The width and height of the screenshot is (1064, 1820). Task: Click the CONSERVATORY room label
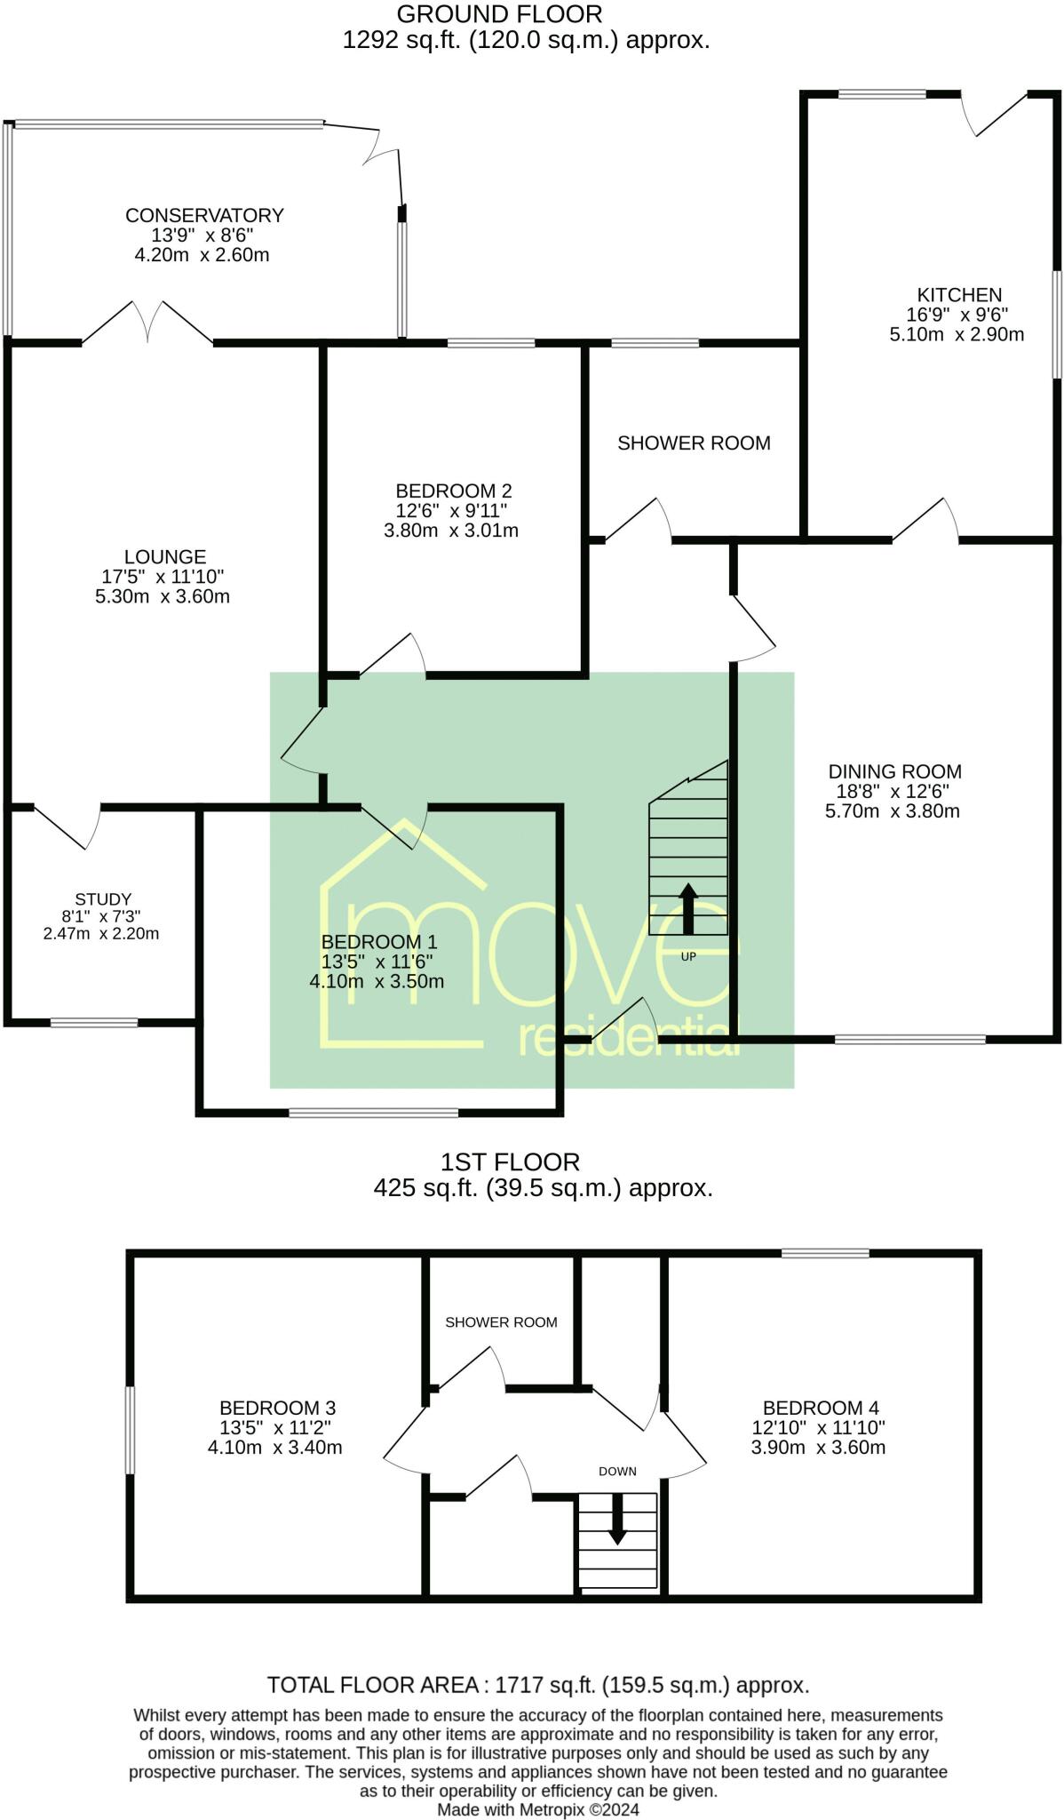click(204, 215)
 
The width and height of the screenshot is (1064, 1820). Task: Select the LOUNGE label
click(165, 557)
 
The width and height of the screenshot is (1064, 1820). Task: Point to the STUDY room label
click(103, 899)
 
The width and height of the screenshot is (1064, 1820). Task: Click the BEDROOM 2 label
click(453, 491)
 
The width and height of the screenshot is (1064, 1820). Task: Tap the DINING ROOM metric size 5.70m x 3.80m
click(893, 811)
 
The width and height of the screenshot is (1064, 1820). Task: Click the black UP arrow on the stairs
click(688, 907)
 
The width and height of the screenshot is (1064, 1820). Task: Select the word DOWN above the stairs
click(617, 1472)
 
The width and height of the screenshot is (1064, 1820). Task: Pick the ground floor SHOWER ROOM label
click(694, 443)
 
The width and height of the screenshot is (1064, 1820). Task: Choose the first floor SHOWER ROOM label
click(501, 1322)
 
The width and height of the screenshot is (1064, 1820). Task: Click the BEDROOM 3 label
click(277, 1408)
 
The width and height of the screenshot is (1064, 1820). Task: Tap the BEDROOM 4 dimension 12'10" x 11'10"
click(818, 1428)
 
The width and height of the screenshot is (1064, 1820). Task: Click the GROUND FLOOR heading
click(499, 14)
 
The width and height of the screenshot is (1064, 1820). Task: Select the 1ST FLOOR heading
click(510, 1162)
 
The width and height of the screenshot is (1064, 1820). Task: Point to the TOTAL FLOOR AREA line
click(538, 1685)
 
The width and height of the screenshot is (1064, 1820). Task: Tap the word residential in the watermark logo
click(628, 1038)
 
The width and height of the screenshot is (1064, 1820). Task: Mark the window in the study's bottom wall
click(94, 1023)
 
